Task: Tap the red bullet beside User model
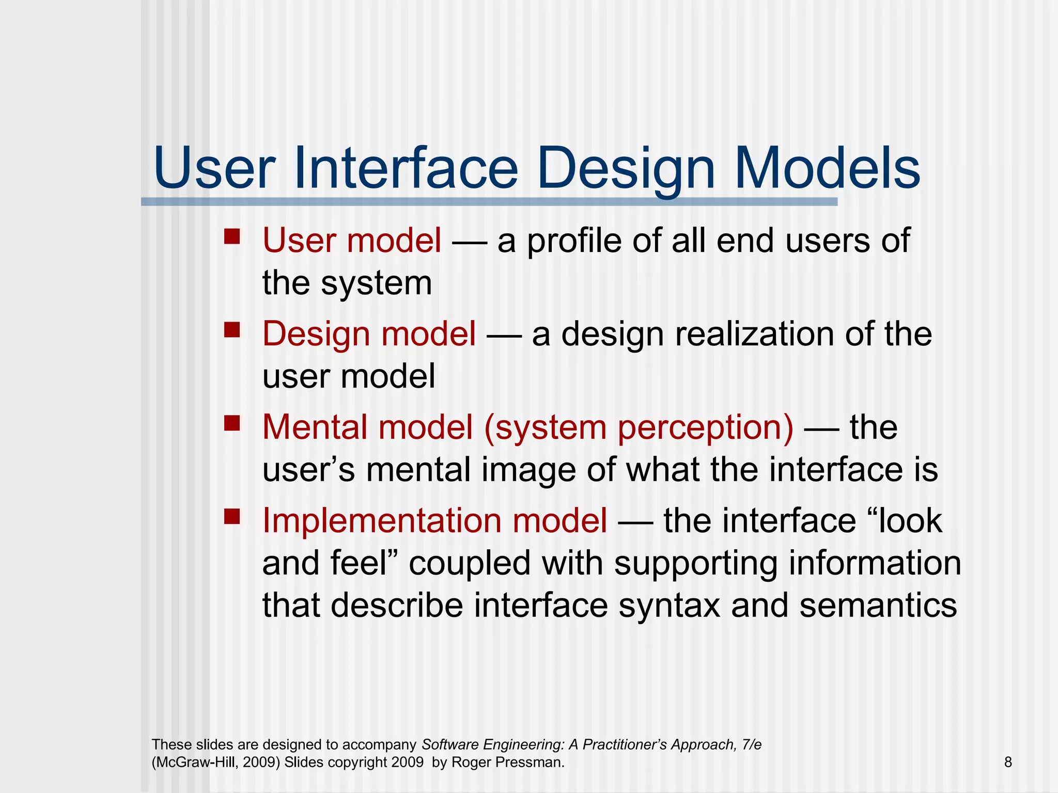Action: tap(232, 236)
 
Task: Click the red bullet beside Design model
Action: tap(232, 329)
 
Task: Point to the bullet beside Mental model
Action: tap(232, 423)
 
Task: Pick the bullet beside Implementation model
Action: tap(232, 516)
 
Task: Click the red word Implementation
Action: tap(381, 520)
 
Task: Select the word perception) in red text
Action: tap(705, 429)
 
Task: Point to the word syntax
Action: tap(669, 606)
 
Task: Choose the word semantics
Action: tap(878, 605)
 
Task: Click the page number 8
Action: tap(1008, 762)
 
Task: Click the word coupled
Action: tap(470, 564)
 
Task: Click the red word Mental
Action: tap(315, 427)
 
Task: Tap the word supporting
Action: tap(695, 564)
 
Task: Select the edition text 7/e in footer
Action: tap(751, 744)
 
